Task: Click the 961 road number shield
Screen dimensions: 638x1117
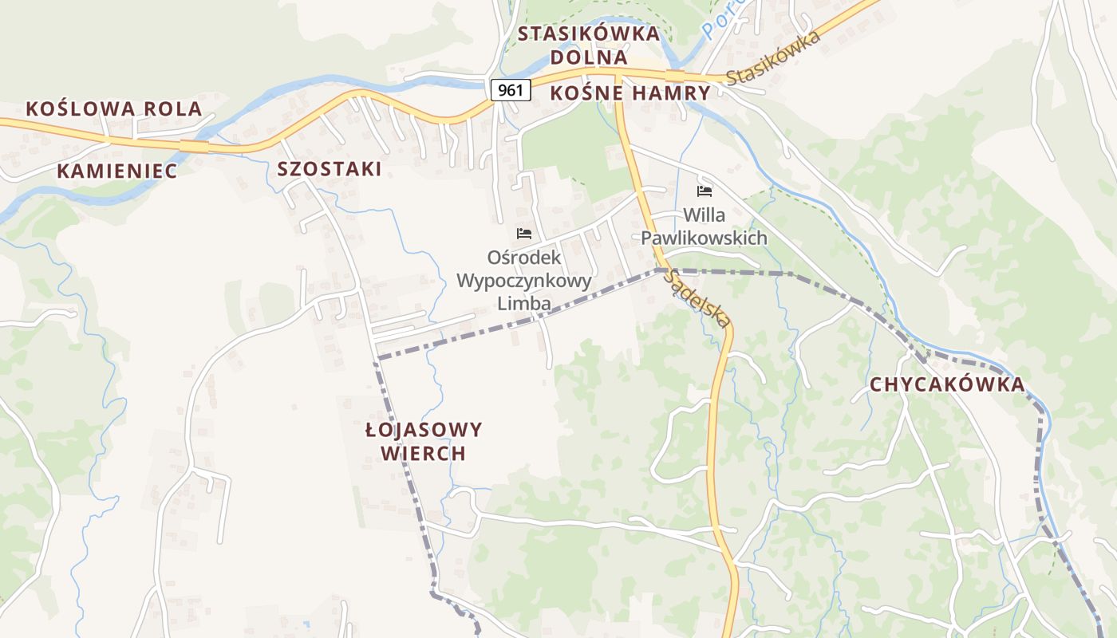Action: click(x=510, y=90)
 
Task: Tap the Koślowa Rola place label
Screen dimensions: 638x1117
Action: click(x=114, y=109)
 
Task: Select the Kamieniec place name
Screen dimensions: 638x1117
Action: click(x=117, y=171)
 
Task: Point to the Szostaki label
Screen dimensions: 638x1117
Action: click(x=330, y=169)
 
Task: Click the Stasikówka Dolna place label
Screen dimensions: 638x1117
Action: click(x=589, y=45)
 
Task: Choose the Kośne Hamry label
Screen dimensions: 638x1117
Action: click(x=630, y=93)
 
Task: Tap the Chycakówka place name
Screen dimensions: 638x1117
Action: click(x=947, y=384)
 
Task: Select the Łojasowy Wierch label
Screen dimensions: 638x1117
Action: click(x=424, y=442)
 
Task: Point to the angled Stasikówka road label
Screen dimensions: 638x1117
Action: click(x=774, y=58)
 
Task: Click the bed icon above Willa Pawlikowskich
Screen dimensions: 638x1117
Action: click(x=705, y=191)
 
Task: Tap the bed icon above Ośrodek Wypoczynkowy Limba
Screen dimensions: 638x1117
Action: click(x=524, y=234)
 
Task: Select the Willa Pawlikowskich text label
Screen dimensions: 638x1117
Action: click(x=705, y=226)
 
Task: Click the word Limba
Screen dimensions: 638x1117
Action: click(x=524, y=304)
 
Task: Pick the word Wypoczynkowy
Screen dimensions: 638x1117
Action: click(x=524, y=281)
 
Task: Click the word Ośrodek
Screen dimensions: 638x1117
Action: click(x=524, y=258)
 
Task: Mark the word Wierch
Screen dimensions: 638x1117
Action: click(x=424, y=454)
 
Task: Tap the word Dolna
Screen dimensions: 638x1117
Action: click(x=589, y=57)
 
